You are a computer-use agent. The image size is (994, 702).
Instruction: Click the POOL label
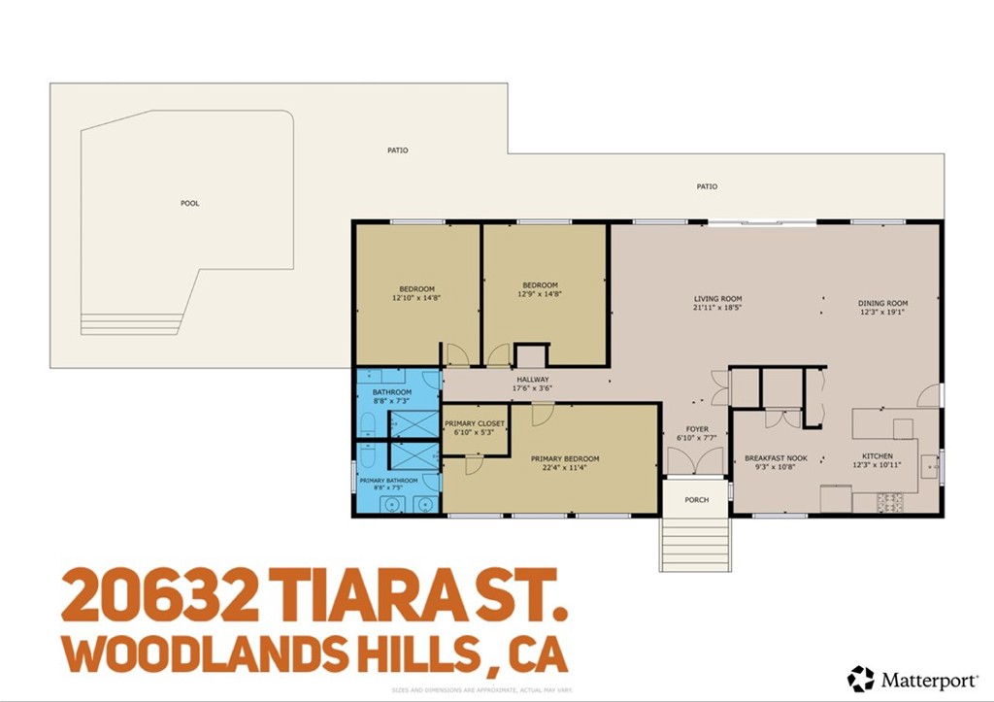click(x=189, y=204)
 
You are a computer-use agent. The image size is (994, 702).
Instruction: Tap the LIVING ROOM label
click(x=717, y=299)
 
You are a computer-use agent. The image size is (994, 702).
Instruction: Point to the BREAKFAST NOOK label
click(x=776, y=458)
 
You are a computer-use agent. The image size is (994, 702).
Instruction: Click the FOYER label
click(x=697, y=429)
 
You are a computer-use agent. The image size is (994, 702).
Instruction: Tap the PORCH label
click(x=696, y=500)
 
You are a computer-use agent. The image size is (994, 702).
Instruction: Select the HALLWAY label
click(x=531, y=380)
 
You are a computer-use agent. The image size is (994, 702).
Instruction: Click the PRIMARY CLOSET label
click(x=475, y=424)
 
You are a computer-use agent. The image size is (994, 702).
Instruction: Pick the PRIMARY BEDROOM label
click(x=564, y=459)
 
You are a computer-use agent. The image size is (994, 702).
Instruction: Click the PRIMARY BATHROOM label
click(x=388, y=481)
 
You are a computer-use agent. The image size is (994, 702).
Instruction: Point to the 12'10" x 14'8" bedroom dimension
click(x=416, y=297)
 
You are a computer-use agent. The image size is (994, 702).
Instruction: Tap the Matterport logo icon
click(x=860, y=679)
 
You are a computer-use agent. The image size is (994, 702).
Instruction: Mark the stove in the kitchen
click(x=890, y=502)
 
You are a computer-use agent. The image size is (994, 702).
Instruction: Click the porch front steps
click(x=695, y=545)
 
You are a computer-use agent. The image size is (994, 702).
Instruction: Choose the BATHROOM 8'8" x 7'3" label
click(x=391, y=396)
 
